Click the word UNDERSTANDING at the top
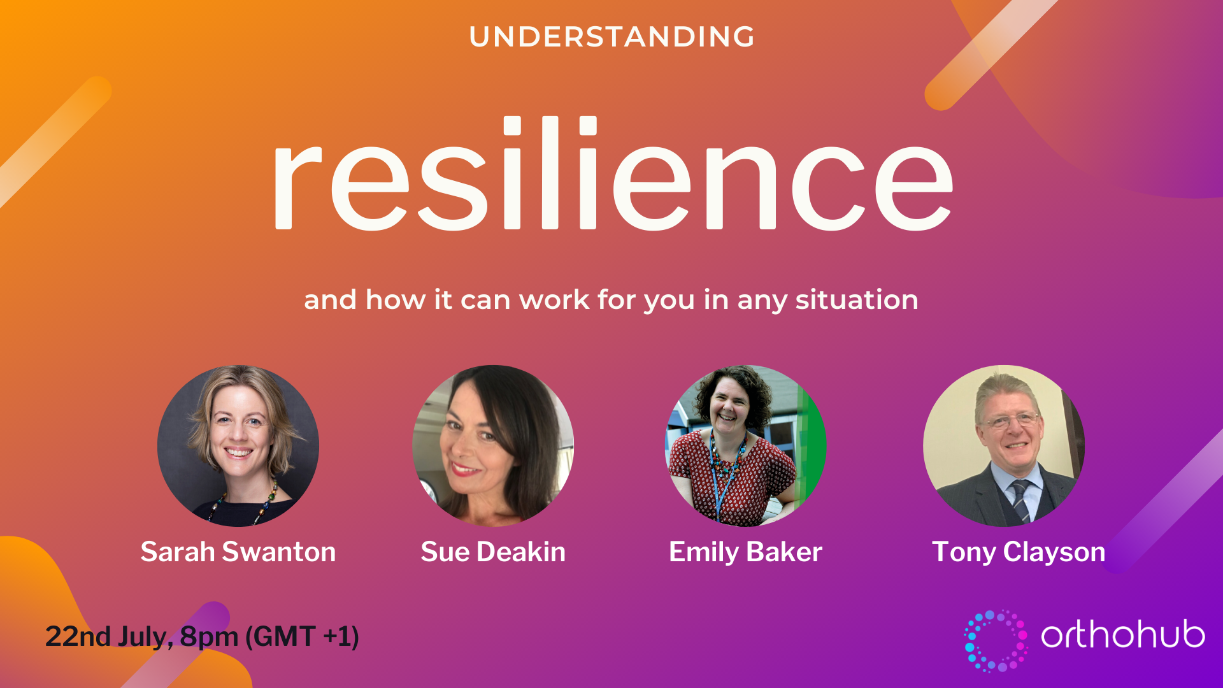[x=611, y=37]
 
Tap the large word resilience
[x=613, y=173]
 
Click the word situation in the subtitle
[x=857, y=299]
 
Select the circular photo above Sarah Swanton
[x=238, y=445]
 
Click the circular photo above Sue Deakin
[x=493, y=445]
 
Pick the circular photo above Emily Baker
[x=746, y=445]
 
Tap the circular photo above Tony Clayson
[x=1004, y=445]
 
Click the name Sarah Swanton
[x=238, y=552]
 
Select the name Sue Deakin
[x=493, y=552]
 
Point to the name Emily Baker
[x=746, y=552]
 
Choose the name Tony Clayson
[x=1019, y=552]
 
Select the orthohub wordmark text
[x=1123, y=634]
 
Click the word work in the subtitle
[x=554, y=299]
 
